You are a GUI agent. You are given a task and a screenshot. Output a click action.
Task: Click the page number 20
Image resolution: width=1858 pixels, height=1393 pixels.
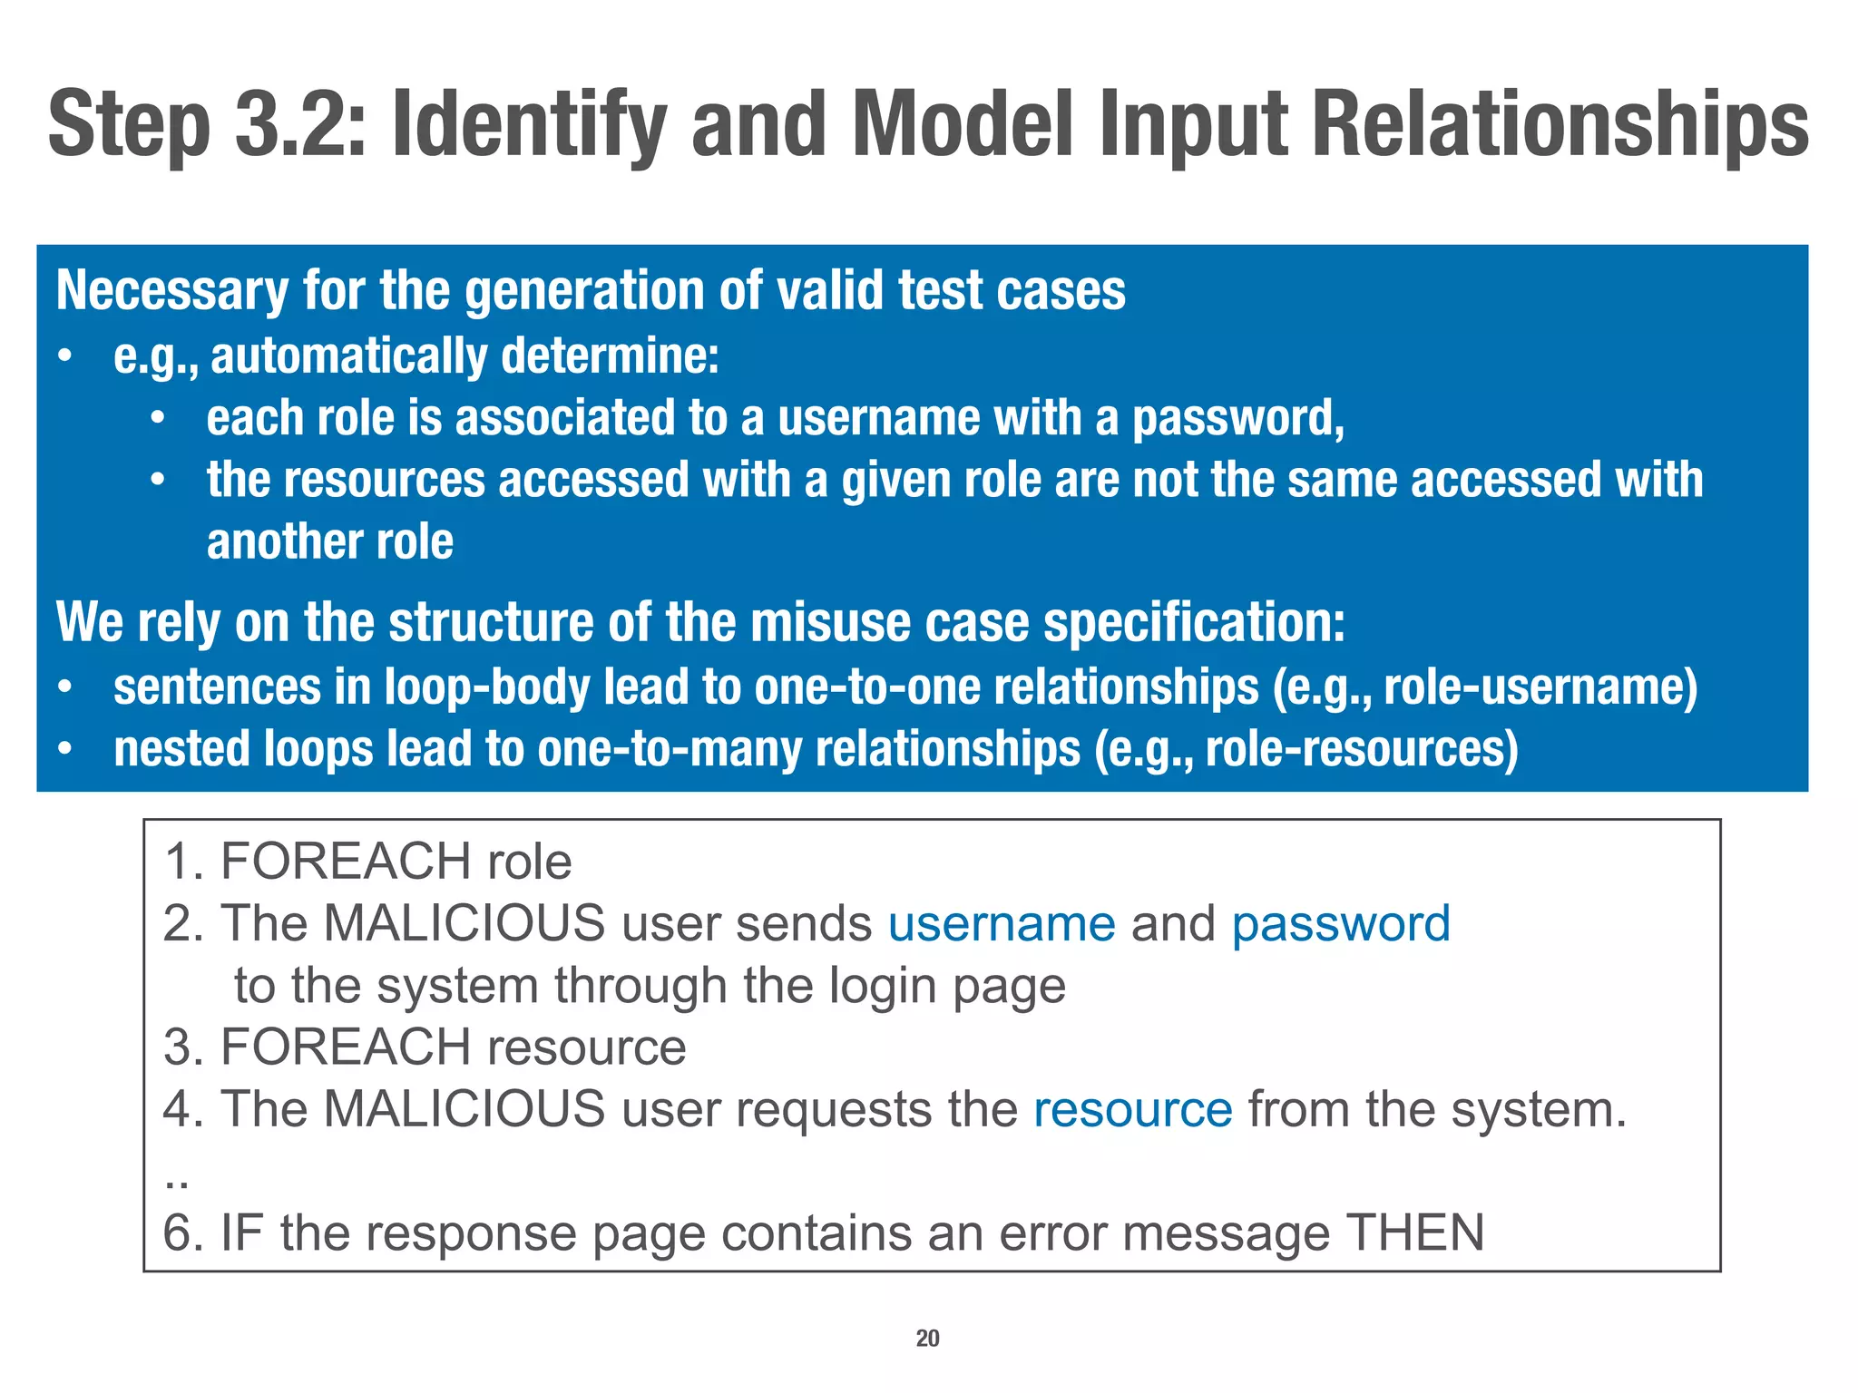927,1339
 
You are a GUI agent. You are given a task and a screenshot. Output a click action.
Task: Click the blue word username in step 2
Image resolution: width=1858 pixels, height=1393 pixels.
1002,925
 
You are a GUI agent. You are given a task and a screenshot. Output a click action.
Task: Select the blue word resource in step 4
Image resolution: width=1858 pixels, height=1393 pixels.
1133,1110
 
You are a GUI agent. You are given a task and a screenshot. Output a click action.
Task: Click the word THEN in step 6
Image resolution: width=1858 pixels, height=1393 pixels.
1414,1233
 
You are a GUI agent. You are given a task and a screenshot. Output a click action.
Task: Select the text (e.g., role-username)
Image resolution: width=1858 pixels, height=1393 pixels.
1485,687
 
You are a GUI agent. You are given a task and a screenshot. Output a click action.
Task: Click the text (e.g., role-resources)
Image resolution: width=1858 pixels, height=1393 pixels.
1305,750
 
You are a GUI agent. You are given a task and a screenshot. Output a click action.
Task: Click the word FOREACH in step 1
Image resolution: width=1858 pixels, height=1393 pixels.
346,862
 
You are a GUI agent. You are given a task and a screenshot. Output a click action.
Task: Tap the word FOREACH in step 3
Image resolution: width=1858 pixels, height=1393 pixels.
346,1047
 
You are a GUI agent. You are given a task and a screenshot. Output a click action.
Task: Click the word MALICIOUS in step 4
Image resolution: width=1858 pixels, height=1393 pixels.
464,1110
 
